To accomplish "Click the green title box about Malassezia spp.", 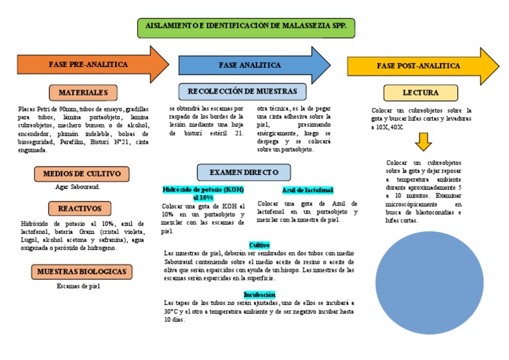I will [x=246, y=28].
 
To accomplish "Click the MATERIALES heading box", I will [x=83, y=92].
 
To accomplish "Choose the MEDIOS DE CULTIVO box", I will [x=82, y=174].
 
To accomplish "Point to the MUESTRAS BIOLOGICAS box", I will [x=82, y=272].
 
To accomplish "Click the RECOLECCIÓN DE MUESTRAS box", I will [x=243, y=91].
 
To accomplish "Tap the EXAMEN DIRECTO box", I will [x=243, y=172].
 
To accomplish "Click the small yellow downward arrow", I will [x=423, y=141].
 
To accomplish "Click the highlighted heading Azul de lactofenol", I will [x=308, y=190].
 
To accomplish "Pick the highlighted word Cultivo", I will [x=259, y=245].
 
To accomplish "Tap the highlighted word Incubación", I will [x=259, y=294].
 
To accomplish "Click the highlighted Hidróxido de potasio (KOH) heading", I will [x=203, y=194].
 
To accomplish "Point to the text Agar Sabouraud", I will [x=78, y=187].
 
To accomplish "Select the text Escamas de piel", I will [x=78, y=286].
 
